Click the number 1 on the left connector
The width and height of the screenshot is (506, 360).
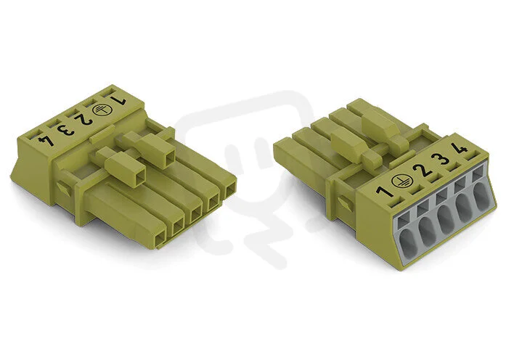[118, 101]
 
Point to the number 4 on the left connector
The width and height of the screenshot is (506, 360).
[44, 140]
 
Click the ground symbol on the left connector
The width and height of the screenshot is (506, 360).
[99, 110]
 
